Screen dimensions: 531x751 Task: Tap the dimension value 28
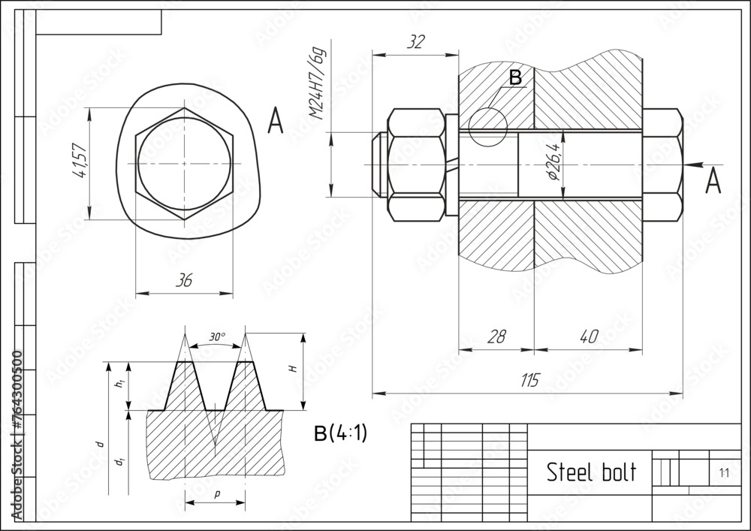click(496, 336)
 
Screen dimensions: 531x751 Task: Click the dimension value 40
click(588, 336)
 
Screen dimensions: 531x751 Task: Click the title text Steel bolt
click(590, 472)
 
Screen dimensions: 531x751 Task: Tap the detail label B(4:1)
click(340, 434)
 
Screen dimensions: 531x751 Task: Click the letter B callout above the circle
click(515, 77)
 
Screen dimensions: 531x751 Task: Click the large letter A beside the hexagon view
click(276, 121)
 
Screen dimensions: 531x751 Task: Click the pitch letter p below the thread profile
click(216, 493)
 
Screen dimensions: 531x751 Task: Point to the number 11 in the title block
click(723, 473)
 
